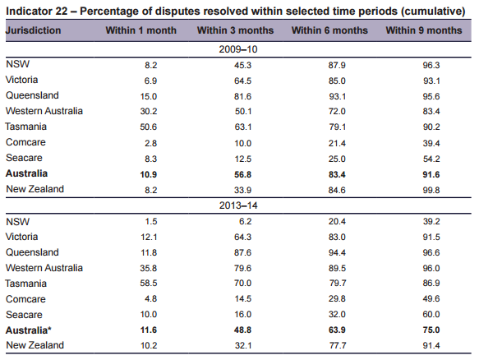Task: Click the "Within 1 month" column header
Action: [x=140, y=30]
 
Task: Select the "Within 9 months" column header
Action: [x=424, y=30]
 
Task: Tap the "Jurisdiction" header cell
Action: [x=33, y=30]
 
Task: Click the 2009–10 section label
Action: [x=238, y=49]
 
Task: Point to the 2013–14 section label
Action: [x=238, y=205]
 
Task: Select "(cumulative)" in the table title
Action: [x=433, y=12]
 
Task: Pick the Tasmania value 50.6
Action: [x=149, y=127]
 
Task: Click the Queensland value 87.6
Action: [x=243, y=252]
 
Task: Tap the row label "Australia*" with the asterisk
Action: [x=29, y=330]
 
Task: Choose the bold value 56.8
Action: [x=243, y=174]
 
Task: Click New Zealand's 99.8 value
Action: [x=431, y=190]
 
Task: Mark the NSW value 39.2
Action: [x=431, y=221]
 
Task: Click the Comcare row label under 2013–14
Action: [x=25, y=299]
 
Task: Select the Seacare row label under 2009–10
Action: [x=24, y=158]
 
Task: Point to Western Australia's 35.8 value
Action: [x=149, y=268]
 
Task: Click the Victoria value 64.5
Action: [x=243, y=81]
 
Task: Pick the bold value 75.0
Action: [x=431, y=330]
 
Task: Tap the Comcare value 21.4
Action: [x=337, y=143]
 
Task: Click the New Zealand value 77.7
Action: [x=338, y=346]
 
